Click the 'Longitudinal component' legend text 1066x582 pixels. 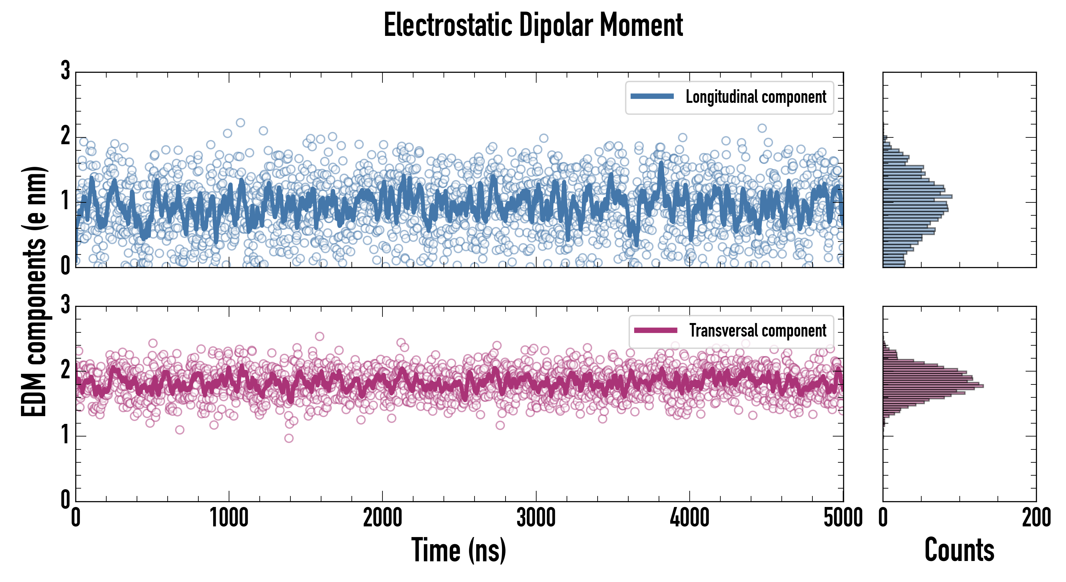(756, 97)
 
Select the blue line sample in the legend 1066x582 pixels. (652, 97)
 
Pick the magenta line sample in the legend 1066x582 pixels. (655, 330)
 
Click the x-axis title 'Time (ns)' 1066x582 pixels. (458, 550)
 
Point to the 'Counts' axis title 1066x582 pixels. (959, 550)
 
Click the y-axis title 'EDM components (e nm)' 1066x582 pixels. (34, 292)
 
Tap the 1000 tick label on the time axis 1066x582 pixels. (229, 518)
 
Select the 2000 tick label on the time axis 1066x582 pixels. (382, 518)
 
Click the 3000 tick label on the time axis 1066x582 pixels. (536, 518)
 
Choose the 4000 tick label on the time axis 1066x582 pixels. (689, 518)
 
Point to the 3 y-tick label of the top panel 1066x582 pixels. (65, 70)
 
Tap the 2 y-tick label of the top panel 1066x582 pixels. (65, 136)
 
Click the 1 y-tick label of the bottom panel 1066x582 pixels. (65, 435)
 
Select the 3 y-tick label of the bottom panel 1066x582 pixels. (65, 305)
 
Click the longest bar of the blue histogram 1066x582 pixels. (917, 196)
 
